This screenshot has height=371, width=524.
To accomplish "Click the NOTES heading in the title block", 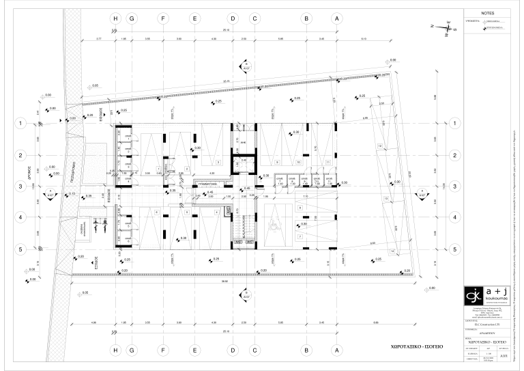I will (486, 13).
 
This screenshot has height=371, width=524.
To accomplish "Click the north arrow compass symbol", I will (437, 28).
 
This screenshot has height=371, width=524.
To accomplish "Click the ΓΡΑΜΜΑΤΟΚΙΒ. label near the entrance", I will (207, 184).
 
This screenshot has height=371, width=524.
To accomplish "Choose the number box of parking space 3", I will (218, 162).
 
